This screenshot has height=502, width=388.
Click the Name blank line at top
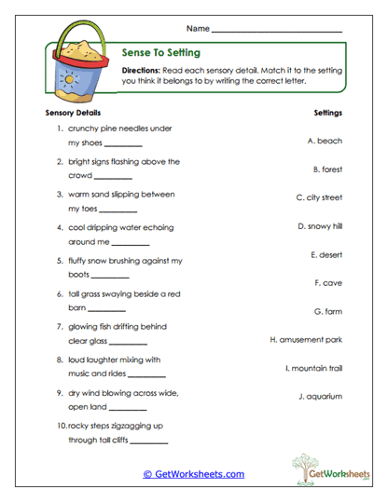point(277,32)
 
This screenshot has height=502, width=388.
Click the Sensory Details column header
point(73,113)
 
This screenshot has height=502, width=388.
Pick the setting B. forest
point(327,170)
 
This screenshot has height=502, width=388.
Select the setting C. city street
point(319,197)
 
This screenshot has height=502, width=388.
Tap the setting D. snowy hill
point(320,225)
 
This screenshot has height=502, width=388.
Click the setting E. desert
point(326,253)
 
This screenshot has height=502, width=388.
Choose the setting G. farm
point(327,310)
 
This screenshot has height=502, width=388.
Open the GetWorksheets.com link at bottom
point(193,474)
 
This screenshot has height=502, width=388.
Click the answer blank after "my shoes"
point(123,145)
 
